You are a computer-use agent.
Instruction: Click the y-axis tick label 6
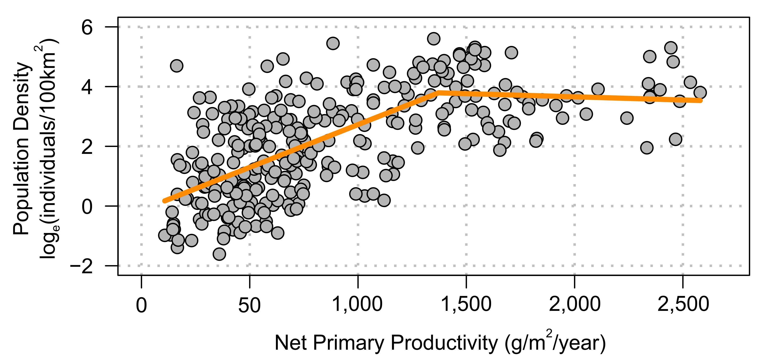(87, 28)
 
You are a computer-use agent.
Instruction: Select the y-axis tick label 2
(87, 147)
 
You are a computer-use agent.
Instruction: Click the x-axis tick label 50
(249, 305)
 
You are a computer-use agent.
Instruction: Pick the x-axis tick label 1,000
(357, 304)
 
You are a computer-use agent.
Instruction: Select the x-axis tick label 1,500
(466, 304)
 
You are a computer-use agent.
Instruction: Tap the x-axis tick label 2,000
(574, 304)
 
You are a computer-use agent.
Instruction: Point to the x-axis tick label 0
(141, 305)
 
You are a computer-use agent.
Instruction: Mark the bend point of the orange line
(437, 93)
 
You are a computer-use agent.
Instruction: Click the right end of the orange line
(700, 101)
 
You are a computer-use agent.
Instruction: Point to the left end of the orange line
(165, 201)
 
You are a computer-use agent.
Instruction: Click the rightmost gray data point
(700, 92)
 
